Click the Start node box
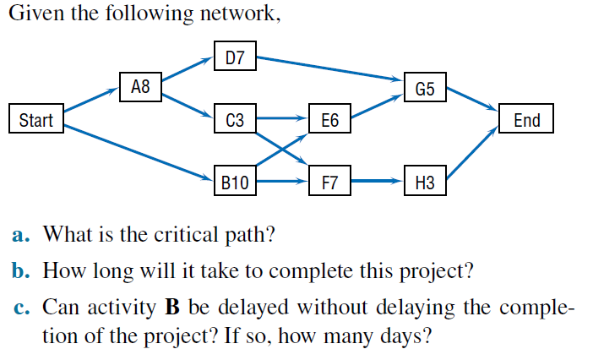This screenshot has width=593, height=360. coord(35,120)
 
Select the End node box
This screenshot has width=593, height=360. coord(526,120)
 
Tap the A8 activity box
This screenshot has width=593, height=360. coord(140,85)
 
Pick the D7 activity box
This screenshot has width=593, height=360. coord(235,58)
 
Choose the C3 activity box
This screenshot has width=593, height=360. coord(235,121)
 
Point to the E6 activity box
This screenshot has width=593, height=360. coord(330,121)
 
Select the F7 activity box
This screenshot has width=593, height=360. coord(330,181)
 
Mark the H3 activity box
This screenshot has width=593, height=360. coord(425,181)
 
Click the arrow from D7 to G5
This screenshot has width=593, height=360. coord(329,69)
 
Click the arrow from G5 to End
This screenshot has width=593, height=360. coord(473,98)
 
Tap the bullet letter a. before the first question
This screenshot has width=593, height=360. coord(24,234)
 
